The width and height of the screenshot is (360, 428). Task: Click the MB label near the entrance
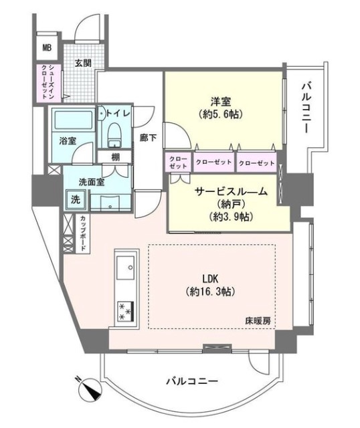coord(47,47)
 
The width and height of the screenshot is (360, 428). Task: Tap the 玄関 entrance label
coord(82,64)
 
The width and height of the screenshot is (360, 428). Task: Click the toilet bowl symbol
coord(113,133)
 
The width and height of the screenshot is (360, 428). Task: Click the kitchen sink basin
coord(125,271)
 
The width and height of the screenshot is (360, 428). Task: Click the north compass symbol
coord(90,387)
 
